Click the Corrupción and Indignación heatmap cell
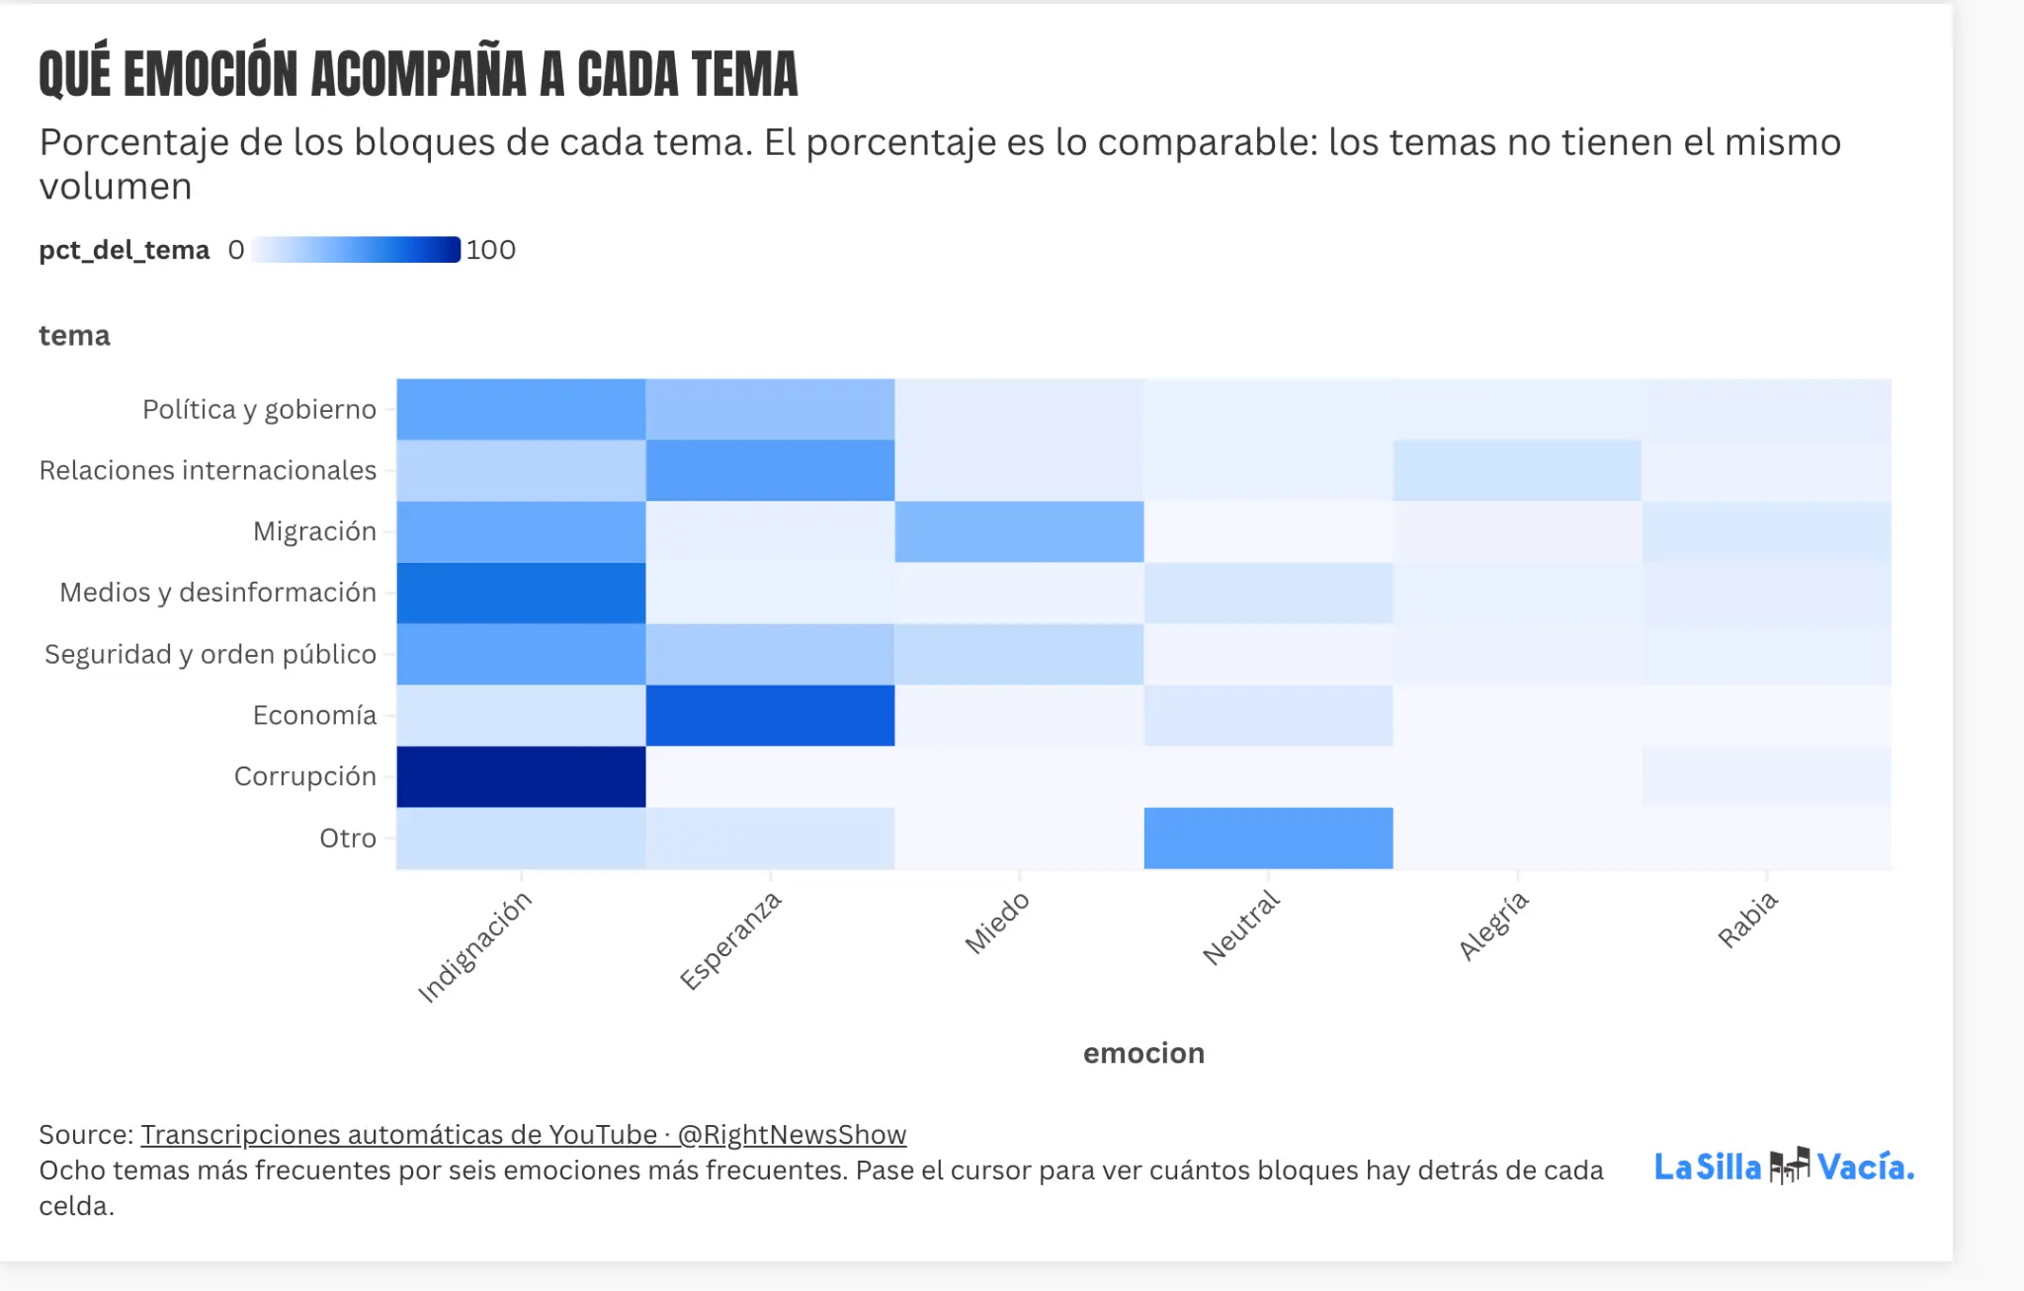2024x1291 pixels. pos(521,776)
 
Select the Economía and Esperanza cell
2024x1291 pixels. pos(770,715)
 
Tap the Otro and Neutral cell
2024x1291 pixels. pos(1269,838)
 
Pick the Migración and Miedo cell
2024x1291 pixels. pos(1020,531)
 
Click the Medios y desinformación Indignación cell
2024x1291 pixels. pos(521,593)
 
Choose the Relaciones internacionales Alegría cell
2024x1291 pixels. pos(1518,470)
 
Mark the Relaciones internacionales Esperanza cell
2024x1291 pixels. pos(770,470)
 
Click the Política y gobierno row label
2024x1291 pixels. pos(259,410)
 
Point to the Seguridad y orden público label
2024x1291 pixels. pos(211,654)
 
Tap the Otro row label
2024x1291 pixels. pos(348,839)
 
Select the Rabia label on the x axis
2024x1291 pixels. pos(1747,920)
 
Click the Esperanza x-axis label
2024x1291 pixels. pos(730,940)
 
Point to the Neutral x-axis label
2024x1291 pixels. pos(1241,928)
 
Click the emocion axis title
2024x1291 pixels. pos(1143,1053)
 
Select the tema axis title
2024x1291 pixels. pos(74,336)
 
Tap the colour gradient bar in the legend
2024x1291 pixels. pos(356,250)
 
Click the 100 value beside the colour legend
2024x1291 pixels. pos(490,250)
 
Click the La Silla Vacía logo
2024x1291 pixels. pos(1785,1167)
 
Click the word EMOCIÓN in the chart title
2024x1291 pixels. pos(211,74)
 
